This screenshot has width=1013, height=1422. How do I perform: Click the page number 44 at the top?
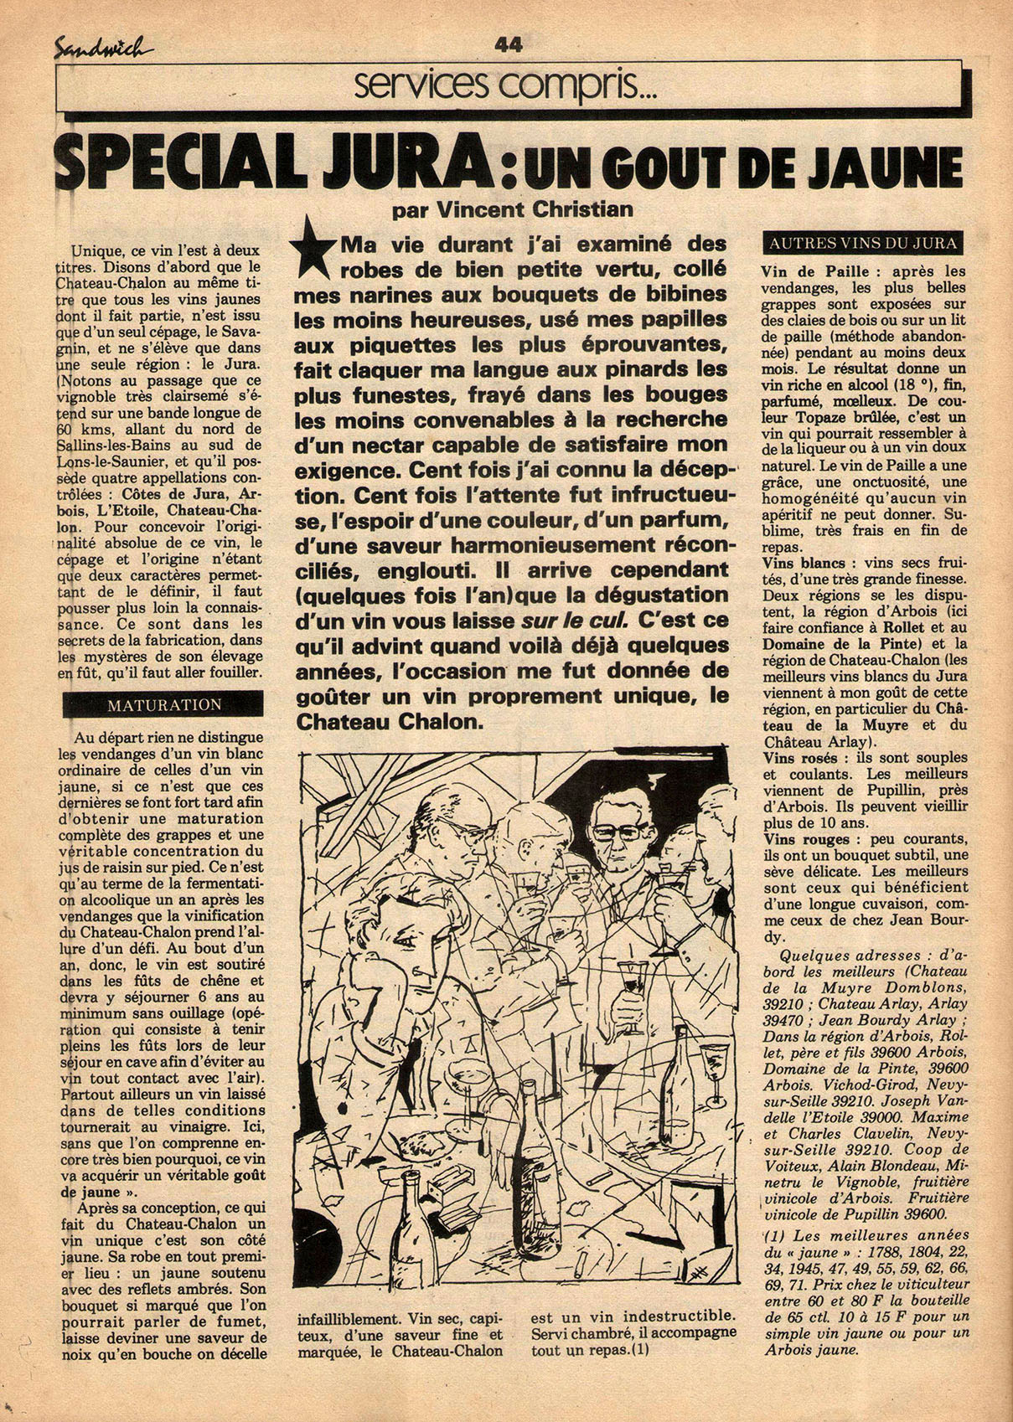509,44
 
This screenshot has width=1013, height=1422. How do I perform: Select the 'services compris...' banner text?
505,85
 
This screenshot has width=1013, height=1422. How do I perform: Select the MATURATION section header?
163,705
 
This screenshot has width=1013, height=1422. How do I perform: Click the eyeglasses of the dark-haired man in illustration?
617,832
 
